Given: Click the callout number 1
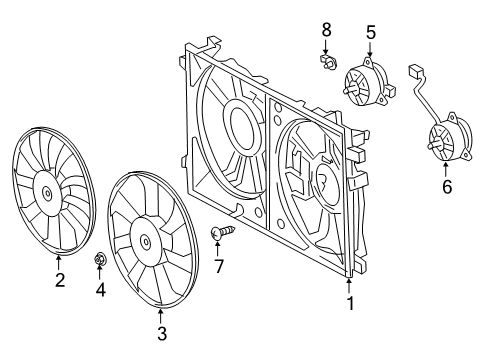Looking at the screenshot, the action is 350,303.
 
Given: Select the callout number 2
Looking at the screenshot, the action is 60,280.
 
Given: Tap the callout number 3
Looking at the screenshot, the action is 162,333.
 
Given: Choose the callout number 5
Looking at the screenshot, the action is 371,32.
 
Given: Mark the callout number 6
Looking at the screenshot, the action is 447,186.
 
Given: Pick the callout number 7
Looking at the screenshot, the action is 218,266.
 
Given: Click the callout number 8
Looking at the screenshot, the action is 326,29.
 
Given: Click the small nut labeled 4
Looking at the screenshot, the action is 99,258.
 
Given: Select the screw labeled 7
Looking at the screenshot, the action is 223,232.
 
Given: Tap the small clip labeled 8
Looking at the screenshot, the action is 328,61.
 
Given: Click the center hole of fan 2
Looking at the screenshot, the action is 47,193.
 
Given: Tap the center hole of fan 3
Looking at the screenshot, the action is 145,241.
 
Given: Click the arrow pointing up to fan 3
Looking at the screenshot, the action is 161,317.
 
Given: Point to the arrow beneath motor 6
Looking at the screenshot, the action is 446,169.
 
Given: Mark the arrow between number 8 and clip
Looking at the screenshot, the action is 326,46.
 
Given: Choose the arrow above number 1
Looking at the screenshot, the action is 349,286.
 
